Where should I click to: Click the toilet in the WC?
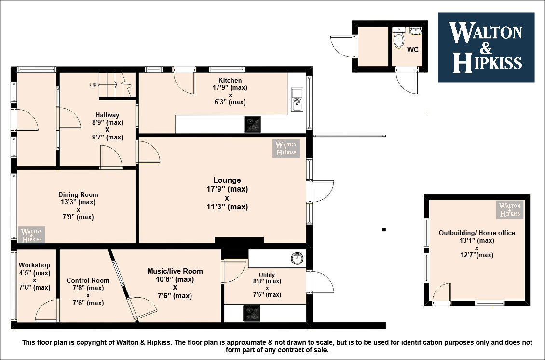click(399, 38)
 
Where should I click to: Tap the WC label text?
click(412, 50)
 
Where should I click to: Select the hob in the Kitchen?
click(252, 124)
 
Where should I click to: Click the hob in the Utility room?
click(251, 313)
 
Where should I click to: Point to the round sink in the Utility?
click(297, 259)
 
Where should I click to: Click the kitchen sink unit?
click(297, 99)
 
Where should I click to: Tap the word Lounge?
click(227, 180)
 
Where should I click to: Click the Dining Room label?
click(78, 194)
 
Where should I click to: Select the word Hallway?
click(108, 115)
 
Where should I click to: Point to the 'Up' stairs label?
click(93, 84)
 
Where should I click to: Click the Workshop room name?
click(34, 265)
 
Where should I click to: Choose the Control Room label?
click(88, 280)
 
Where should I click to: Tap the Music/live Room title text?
click(175, 271)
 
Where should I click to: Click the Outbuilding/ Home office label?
click(477, 233)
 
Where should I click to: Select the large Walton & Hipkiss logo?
click(486, 47)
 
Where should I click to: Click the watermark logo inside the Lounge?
click(286, 149)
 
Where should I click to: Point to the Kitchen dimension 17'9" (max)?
click(230, 88)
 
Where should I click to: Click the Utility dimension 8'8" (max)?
click(267, 281)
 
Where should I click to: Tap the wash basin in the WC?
click(415, 30)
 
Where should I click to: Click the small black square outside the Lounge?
click(384, 230)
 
